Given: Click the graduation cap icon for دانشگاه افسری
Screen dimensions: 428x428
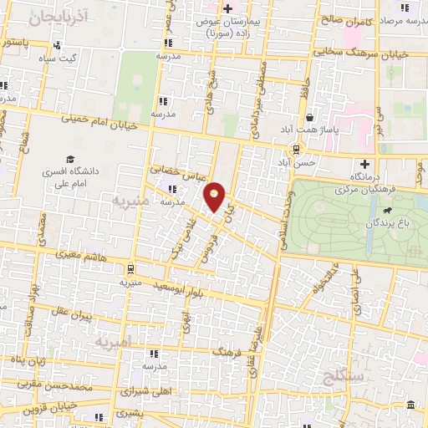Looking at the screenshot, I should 71,159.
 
